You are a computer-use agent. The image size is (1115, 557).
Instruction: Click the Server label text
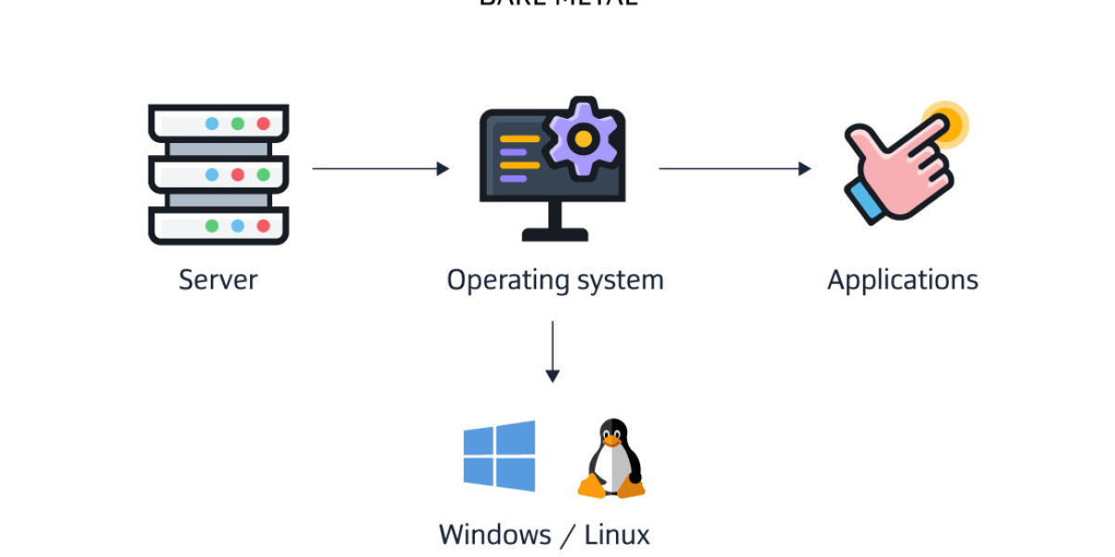[217, 279]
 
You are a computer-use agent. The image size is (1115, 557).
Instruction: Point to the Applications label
[902, 279]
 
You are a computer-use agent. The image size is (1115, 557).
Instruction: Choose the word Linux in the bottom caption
[617, 535]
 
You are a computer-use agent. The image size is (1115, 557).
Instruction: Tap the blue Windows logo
[500, 456]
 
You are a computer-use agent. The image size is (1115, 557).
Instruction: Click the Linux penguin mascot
[611, 460]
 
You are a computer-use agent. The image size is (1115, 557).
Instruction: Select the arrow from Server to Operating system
[380, 169]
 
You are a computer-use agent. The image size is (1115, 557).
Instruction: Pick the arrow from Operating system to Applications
[734, 169]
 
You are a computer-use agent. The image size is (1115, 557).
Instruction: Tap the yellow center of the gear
[583, 139]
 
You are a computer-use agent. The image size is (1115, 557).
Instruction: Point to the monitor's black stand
[555, 223]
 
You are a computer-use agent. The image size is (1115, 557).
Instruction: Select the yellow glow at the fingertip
[947, 122]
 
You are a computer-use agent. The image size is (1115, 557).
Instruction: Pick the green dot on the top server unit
[238, 123]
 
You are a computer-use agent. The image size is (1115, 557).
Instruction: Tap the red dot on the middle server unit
[238, 175]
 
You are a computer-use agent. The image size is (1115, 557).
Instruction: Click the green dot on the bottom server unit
[212, 226]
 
